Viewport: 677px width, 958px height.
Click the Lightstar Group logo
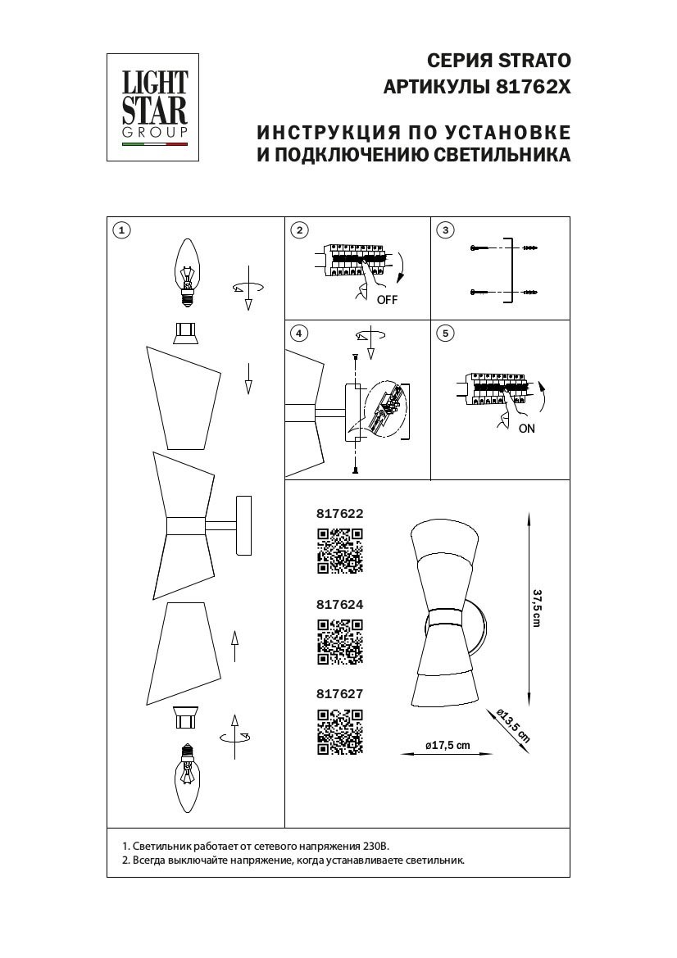(155, 107)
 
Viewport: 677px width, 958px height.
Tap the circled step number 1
(121, 230)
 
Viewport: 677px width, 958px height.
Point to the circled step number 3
(445, 230)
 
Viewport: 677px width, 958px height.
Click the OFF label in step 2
(387, 300)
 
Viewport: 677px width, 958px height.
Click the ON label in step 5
(526, 429)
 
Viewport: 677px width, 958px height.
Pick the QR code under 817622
(339, 551)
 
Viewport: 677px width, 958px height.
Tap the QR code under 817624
(339, 641)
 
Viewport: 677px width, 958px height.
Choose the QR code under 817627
(339, 731)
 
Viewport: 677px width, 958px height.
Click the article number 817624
(339, 604)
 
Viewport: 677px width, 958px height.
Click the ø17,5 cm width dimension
(448, 746)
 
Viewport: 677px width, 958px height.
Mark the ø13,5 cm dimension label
(514, 724)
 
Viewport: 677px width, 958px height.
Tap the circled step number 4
(300, 333)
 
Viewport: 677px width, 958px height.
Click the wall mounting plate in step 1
(245, 526)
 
